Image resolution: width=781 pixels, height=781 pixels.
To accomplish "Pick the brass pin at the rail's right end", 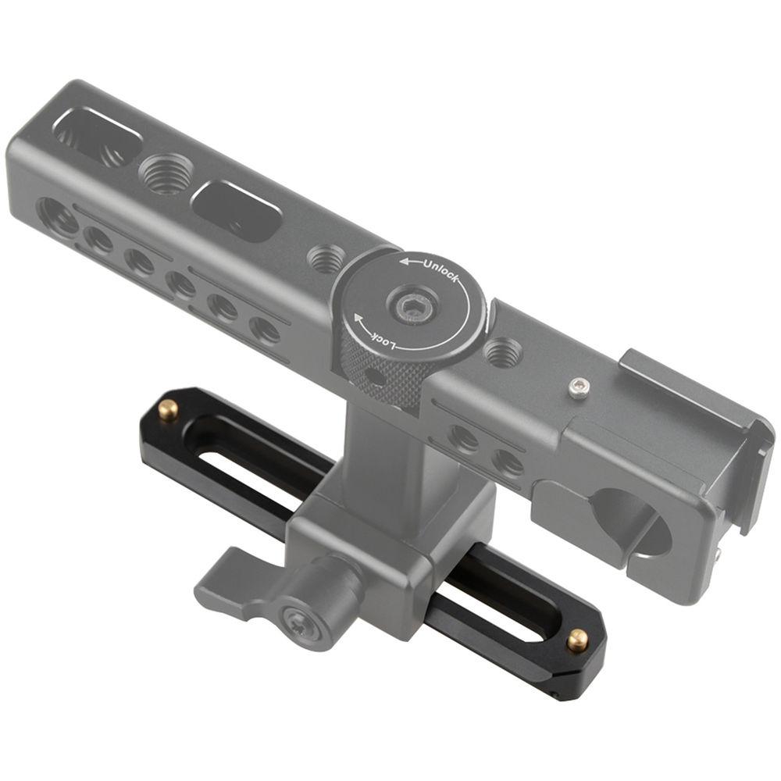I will click(577, 640).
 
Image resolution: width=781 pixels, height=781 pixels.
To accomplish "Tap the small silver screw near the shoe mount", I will click(578, 388).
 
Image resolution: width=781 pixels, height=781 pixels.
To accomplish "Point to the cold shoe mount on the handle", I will click(687, 406).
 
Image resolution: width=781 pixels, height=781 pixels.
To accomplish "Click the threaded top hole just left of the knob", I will click(324, 258).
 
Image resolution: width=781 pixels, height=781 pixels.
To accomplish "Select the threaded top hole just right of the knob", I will click(500, 353).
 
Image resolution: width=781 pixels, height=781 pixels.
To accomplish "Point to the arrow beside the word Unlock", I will click(410, 262).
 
